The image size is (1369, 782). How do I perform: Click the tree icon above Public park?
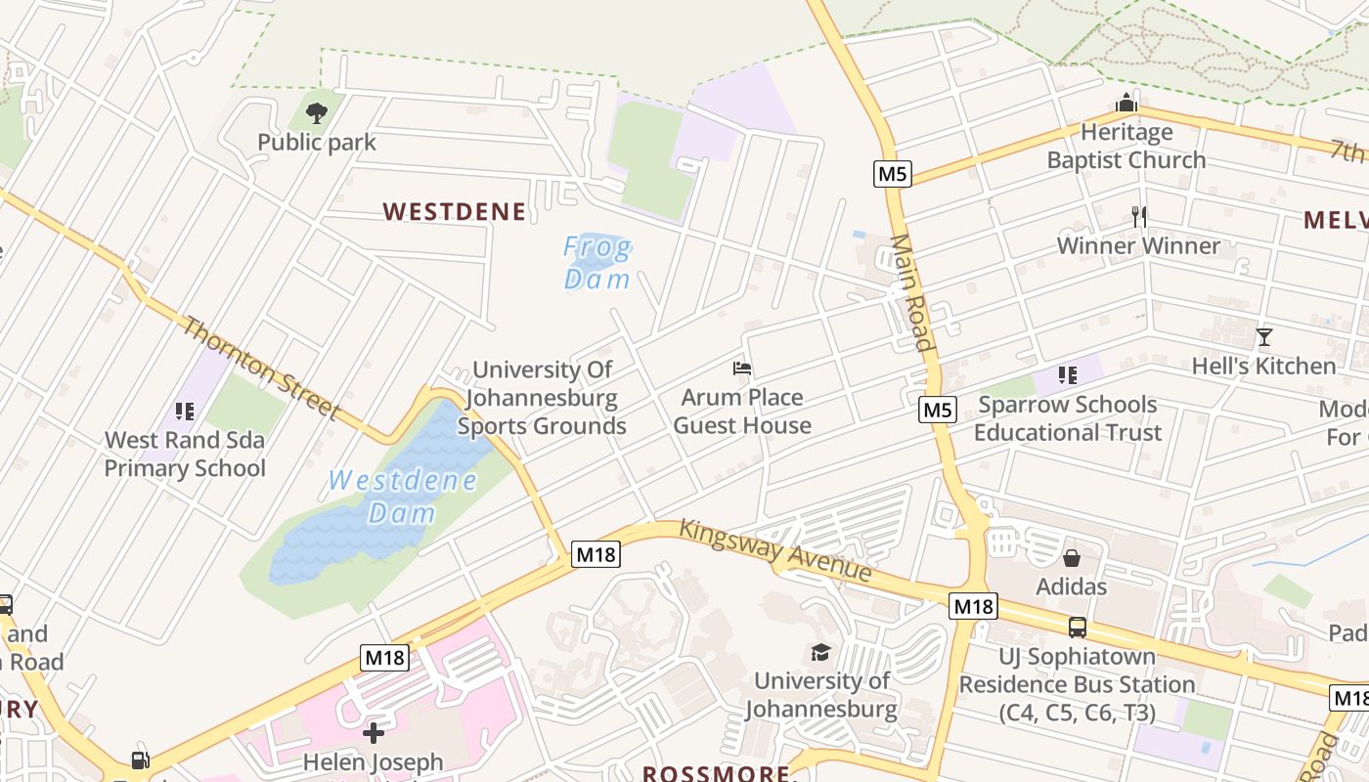(316, 113)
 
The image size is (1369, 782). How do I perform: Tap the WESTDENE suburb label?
(454, 211)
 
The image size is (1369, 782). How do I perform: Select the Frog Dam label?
(597, 263)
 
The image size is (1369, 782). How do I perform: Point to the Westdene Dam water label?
(403, 496)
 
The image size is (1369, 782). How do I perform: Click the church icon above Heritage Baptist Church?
(1126, 104)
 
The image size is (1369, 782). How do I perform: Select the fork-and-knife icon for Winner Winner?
(1138, 216)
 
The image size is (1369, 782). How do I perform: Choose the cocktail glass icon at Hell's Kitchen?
(1263, 337)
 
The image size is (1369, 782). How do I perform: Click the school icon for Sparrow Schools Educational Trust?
(1068, 375)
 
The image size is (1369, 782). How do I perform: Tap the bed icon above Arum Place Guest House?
(742, 369)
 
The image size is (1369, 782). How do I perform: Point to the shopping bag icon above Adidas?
(1072, 558)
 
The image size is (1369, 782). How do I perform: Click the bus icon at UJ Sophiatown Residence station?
(1077, 628)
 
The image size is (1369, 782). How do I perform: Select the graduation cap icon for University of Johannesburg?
(820, 652)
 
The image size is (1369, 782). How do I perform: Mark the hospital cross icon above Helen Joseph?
(373, 732)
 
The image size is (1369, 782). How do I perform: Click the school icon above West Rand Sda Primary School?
(184, 412)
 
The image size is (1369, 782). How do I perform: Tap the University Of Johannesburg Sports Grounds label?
(542, 398)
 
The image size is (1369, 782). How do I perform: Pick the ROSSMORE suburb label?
(716, 773)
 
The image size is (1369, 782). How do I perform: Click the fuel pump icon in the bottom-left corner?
(141, 760)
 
